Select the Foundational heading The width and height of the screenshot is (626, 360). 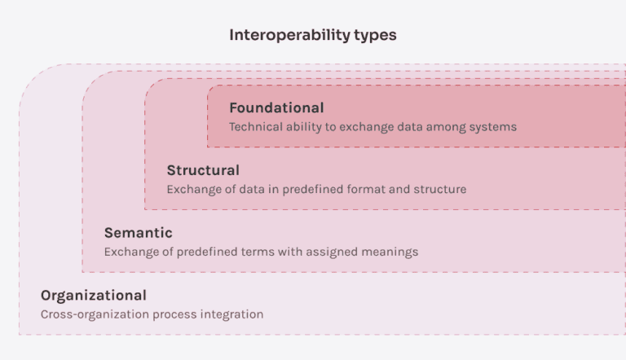pyautogui.click(x=276, y=108)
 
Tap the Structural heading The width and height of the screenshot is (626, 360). pyautogui.click(x=203, y=170)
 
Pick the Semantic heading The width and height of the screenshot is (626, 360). pyautogui.click(x=138, y=233)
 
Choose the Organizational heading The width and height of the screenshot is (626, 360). pyautogui.click(x=94, y=296)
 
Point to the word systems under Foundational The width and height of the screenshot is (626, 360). pyautogui.click(x=493, y=127)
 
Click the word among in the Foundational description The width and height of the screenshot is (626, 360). pyautogui.click(x=445, y=127)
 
